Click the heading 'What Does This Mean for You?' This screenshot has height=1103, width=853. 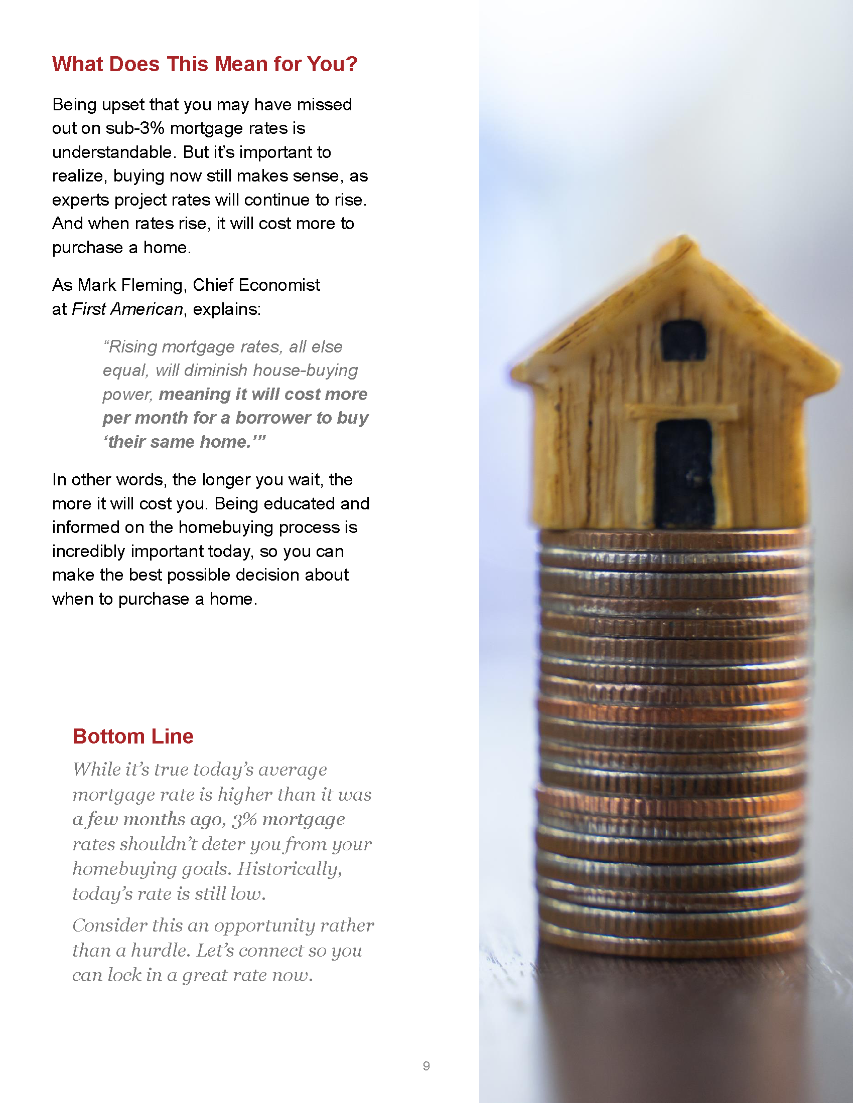[x=205, y=64]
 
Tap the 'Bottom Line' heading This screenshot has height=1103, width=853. [x=133, y=737]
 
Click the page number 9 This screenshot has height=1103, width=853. [x=426, y=1065]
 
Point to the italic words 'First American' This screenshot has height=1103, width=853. [x=127, y=309]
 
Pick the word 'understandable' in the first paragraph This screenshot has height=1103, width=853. [x=112, y=152]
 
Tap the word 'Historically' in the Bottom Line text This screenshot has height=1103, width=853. [x=290, y=869]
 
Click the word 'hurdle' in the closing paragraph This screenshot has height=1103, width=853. [x=160, y=951]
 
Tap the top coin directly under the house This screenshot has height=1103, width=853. [x=674, y=537]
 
